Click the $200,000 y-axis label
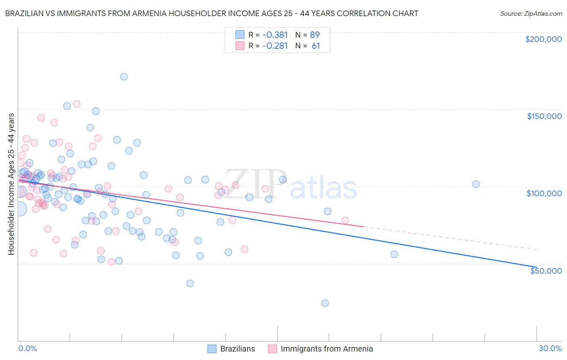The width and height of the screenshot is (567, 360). click(x=543, y=39)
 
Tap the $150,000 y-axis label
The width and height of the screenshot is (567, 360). click(x=544, y=116)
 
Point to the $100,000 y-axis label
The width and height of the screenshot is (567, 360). click(x=544, y=193)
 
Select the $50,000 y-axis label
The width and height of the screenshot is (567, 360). click(x=546, y=270)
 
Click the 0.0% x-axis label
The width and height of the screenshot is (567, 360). click(x=27, y=348)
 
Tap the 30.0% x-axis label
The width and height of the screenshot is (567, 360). click(x=550, y=348)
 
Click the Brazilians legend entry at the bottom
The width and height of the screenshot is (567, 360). click(x=237, y=349)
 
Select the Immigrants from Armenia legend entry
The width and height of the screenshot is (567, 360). click(x=326, y=349)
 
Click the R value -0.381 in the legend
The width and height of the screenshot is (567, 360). click(x=275, y=35)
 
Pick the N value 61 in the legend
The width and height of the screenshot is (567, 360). click(x=316, y=46)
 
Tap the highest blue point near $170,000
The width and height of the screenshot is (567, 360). click(x=124, y=77)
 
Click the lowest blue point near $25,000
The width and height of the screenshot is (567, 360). click(x=325, y=303)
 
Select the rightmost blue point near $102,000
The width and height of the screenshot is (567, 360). click(x=476, y=184)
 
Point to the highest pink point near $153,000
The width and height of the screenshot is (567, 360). click(x=77, y=104)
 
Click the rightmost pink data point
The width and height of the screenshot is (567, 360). click(x=345, y=220)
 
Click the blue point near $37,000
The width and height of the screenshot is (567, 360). click(x=190, y=283)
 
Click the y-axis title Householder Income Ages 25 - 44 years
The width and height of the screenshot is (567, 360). click(x=11, y=184)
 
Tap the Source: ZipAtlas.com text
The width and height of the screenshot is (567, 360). click(x=531, y=14)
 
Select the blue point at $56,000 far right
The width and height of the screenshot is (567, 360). click(x=394, y=254)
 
